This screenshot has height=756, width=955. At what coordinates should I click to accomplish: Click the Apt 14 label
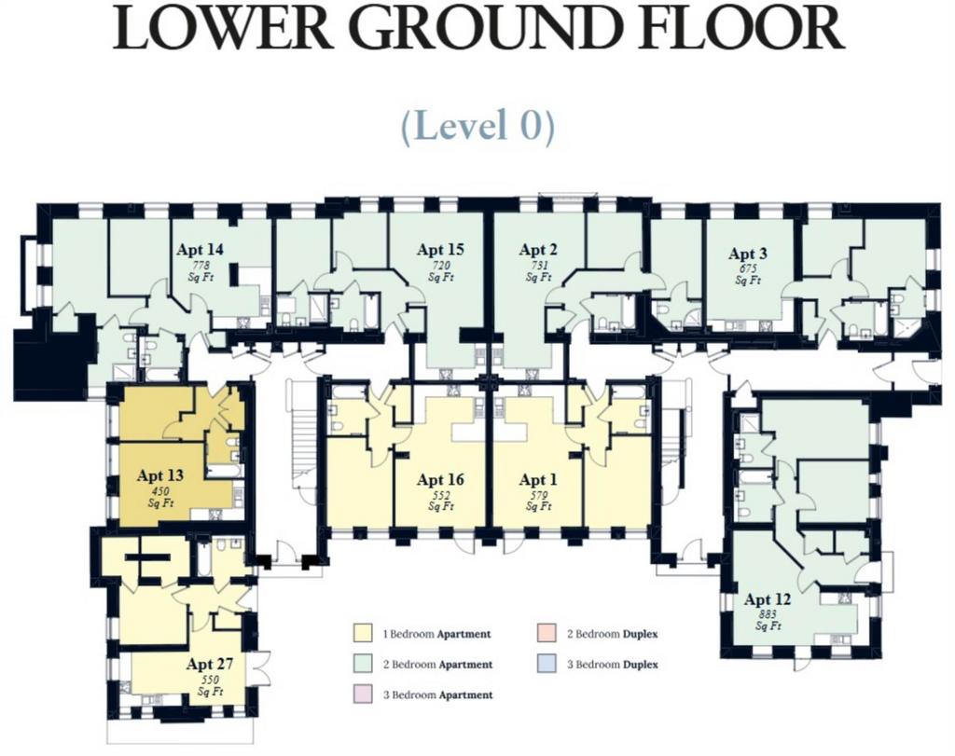tap(200, 250)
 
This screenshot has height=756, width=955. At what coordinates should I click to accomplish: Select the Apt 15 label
tap(440, 250)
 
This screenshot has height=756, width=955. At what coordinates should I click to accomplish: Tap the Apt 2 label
tap(538, 250)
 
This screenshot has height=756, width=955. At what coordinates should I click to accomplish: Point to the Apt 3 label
tap(748, 254)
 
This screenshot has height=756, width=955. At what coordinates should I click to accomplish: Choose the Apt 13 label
tap(160, 475)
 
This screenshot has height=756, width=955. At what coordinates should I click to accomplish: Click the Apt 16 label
tap(440, 480)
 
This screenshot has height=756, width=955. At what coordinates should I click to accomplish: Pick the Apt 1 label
tap(538, 480)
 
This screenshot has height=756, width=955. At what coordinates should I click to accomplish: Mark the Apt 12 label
tap(768, 599)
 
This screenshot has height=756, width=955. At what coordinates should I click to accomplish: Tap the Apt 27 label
tap(210, 664)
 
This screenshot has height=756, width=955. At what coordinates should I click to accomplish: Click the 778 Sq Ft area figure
tap(201, 271)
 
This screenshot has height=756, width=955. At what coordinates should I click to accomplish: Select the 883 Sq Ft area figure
tap(768, 621)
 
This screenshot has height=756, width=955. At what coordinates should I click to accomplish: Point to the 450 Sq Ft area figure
tap(160, 497)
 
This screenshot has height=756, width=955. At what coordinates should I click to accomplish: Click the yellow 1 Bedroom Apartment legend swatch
tap(363, 632)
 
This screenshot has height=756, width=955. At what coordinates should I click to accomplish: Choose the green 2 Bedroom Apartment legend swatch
tap(363, 664)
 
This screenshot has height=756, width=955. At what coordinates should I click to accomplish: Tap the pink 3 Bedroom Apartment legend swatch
tap(363, 694)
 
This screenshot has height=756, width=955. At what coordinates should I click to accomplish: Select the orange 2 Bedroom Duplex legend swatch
tap(547, 632)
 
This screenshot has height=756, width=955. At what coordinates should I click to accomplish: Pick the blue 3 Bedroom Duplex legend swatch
tap(547, 664)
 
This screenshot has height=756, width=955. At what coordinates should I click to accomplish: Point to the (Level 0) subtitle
tap(477, 126)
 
